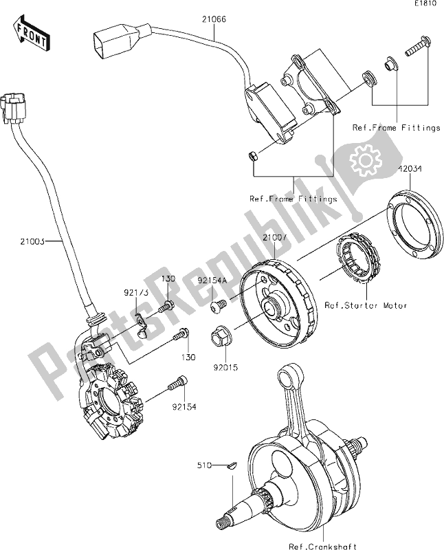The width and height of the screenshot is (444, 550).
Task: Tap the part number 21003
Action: [33, 241]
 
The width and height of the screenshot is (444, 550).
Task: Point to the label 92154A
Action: [213, 280]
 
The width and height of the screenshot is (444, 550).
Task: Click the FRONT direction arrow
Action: [31, 34]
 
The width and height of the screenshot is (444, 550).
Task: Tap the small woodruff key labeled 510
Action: [232, 467]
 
